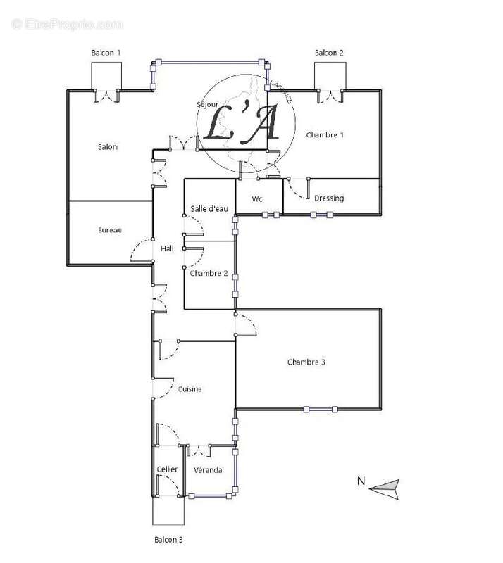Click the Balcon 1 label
106,53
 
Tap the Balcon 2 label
329,53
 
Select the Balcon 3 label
168,540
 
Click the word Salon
108,147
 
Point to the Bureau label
110,230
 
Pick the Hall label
167,248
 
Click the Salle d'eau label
209,208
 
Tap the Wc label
258,199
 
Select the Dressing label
329,198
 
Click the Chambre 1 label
325,134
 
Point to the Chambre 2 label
209,273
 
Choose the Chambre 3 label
306,362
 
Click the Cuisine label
190,389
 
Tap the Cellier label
168,469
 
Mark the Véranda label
208,469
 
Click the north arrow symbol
385,486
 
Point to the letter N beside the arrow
361,481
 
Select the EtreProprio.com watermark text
68,25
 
